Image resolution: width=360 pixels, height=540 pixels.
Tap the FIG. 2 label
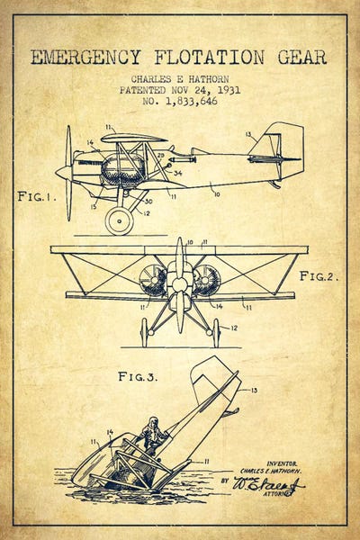coord(319,276)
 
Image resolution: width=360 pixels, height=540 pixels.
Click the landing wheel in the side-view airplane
coord(119,220)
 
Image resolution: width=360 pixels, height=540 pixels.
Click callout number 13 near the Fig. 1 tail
coord(248,134)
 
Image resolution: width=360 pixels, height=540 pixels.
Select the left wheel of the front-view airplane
coord(144,331)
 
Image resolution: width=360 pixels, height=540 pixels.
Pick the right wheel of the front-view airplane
coord(215,331)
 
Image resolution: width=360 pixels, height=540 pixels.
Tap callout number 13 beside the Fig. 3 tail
coord(254,390)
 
